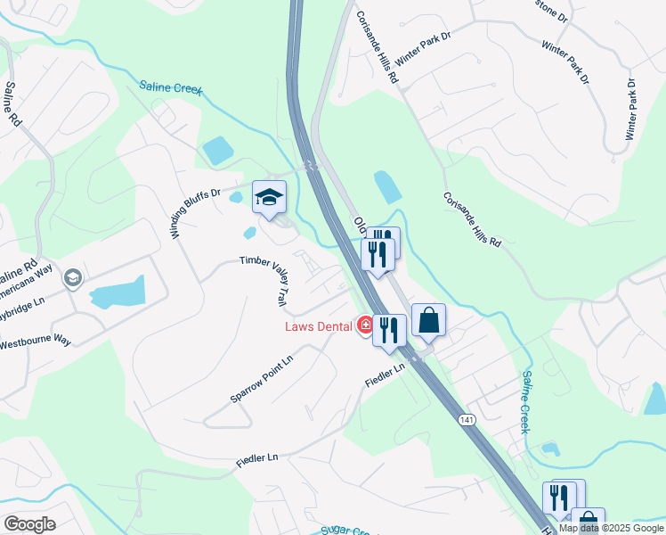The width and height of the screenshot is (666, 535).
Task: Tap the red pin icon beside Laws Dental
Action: click(364, 326)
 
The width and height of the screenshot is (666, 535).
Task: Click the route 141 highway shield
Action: click(467, 419)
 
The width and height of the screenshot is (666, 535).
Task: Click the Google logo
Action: click(29, 524)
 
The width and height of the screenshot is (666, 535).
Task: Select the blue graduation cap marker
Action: click(269, 198)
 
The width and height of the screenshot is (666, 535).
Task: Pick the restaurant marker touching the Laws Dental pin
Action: click(389, 330)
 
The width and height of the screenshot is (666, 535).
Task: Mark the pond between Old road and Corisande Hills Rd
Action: click(388, 186)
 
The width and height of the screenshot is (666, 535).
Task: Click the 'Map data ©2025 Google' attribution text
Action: click(611, 528)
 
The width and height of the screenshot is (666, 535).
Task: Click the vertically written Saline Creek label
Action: click(527, 402)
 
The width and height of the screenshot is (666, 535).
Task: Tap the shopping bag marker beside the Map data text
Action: click(588, 520)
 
